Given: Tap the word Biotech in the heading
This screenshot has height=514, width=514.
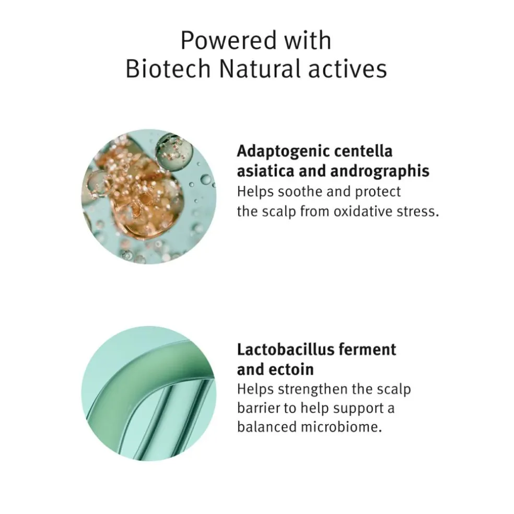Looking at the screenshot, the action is pyautogui.click(x=168, y=69).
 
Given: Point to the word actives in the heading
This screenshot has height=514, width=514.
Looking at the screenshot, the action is pyautogui.click(x=348, y=69).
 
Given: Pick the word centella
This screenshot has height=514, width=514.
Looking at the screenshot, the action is pyautogui.click(x=363, y=151).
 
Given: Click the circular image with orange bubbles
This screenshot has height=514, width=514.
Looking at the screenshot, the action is pyautogui.click(x=149, y=197).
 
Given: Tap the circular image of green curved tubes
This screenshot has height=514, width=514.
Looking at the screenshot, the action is pyautogui.click(x=149, y=393).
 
